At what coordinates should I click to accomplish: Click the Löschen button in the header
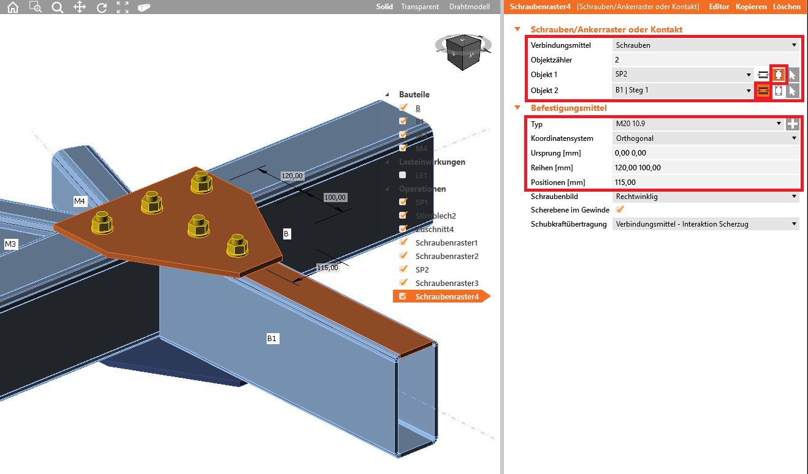[787, 7]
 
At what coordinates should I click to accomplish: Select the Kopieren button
[751, 7]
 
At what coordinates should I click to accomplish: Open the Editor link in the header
[719, 7]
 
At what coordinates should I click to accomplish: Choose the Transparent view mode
[419, 7]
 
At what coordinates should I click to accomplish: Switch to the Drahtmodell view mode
[470, 7]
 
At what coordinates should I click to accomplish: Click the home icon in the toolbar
[12, 7]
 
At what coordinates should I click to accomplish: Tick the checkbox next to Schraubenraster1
[403, 243]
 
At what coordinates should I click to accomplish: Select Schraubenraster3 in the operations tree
[446, 283]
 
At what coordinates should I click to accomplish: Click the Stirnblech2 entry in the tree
[435, 216]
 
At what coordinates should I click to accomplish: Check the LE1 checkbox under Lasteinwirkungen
[403, 175]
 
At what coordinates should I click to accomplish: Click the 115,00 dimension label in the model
[327, 267]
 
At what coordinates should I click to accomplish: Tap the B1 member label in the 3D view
[272, 338]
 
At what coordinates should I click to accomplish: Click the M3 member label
[10, 244]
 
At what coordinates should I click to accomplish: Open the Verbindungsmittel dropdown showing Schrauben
[706, 45]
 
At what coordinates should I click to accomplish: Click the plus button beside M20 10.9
[793, 124]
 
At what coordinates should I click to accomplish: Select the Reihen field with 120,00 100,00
[706, 168]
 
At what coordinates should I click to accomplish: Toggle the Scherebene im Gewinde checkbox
[619, 210]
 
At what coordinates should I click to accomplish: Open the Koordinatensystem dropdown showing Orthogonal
[706, 138]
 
